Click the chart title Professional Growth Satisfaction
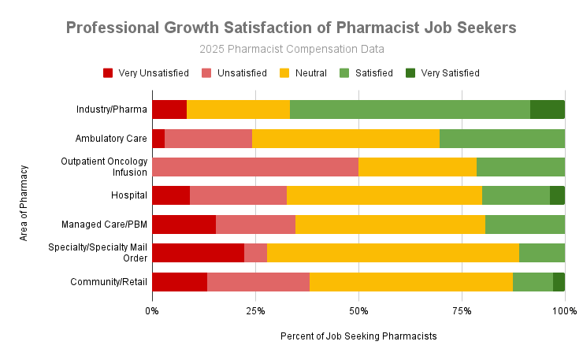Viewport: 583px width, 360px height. tap(291, 28)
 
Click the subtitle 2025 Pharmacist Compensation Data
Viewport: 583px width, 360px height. tap(291, 50)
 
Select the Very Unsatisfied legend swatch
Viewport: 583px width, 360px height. tap(108, 73)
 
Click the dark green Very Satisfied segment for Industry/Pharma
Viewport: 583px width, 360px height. tap(547, 109)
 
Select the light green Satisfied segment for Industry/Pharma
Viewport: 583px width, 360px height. tap(410, 109)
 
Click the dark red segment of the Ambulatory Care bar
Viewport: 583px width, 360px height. tap(158, 139)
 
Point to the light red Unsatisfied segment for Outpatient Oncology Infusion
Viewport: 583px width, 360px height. tap(254, 167)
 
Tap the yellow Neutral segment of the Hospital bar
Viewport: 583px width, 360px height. tap(384, 195)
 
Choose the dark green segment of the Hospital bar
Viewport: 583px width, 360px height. tap(557, 195)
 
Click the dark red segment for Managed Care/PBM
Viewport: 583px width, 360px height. tap(184, 225)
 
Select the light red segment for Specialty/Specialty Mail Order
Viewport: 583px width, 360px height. tap(255, 253)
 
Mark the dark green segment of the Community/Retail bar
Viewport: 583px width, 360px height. tap(559, 282)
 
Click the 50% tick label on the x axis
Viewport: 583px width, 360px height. tap(358, 310)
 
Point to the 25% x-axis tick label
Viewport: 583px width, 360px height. tap(255, 310)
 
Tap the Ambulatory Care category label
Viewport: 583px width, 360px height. tap(111, 139)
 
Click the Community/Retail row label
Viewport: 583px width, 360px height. tap(109, 282)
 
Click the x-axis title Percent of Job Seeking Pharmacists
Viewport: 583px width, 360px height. tap(358, 336)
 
